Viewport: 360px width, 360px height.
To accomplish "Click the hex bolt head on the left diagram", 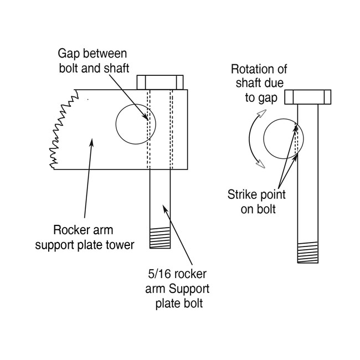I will click(160, 82).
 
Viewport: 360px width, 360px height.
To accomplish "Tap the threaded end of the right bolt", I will click(308, 253).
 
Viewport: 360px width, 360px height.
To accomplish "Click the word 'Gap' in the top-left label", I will click(69, 54).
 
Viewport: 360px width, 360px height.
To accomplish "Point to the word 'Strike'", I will click(241, 194).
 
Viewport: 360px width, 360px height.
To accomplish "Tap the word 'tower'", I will click(121, 244).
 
